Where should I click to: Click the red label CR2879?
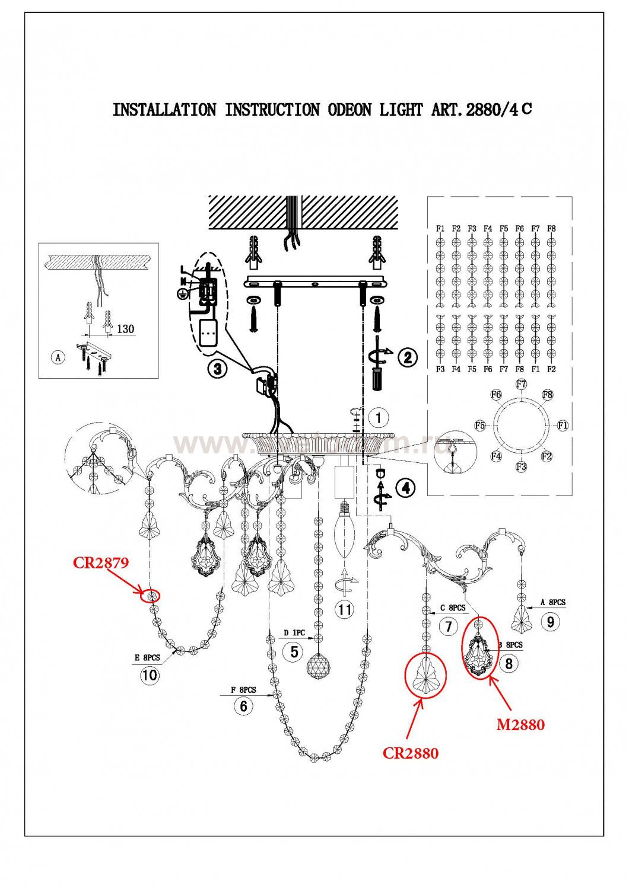click(x=100, y=562)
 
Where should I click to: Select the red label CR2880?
click(x=410, y=753)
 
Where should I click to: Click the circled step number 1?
click(x=377, y=417)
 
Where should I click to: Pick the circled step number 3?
click(x=218, y=369)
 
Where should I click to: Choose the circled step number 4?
click(x=405, y=488)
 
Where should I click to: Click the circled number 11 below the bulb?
click(x=343, y=609)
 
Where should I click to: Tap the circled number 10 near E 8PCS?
click(x=150, y=675)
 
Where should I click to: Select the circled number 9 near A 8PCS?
click(x=551, y=622)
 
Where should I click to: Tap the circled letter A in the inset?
click(x=58, y=357)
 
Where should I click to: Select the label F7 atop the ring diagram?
click(x=521, y=384)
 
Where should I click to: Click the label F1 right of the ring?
click(x=563, y=425)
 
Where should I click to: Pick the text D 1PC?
click(x=294, y=633)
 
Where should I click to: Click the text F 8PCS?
click(x=243, y=690)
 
